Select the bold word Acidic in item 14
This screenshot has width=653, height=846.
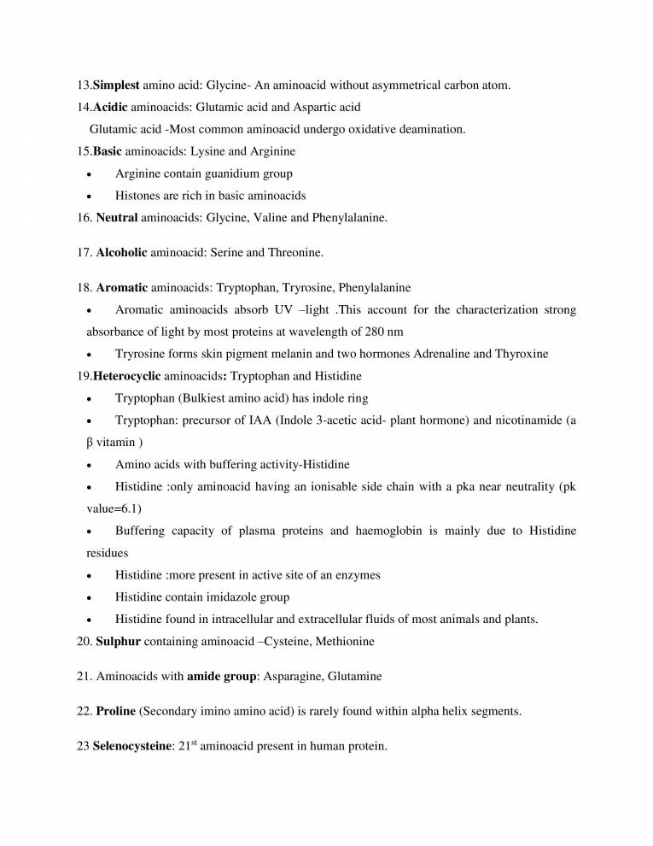[112, 107]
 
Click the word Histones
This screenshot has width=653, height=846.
[139, 196]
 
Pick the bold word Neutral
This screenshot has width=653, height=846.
[117, 218]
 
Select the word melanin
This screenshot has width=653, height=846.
[299, 354]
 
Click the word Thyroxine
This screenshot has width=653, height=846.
[518, 354]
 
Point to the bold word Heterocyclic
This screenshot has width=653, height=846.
[133, 376]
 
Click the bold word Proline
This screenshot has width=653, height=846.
[116, 711]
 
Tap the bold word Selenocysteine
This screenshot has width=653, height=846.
[131, 746]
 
